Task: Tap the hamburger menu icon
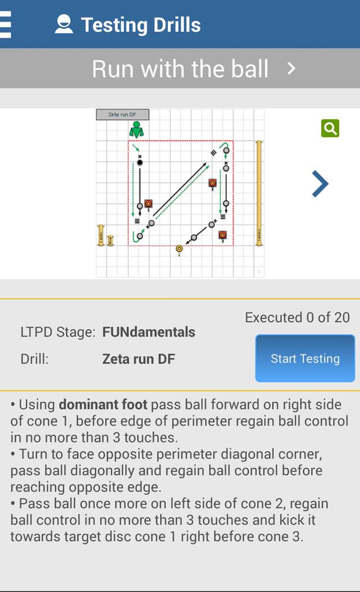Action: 6,24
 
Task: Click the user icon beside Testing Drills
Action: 64,24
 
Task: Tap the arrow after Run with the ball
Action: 291,69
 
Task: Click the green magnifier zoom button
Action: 330,128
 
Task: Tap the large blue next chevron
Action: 320,184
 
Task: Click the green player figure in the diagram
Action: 136,130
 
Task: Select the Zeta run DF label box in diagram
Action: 123,114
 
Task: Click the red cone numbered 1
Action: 149,203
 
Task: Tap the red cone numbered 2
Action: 213,183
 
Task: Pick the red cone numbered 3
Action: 222,235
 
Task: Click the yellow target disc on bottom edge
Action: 179,249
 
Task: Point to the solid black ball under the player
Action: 139,163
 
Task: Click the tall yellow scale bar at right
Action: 259,193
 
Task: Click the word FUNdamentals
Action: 149,332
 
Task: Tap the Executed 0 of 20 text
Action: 297,317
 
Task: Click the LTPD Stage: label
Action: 58,332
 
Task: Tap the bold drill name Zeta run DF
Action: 139,359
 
